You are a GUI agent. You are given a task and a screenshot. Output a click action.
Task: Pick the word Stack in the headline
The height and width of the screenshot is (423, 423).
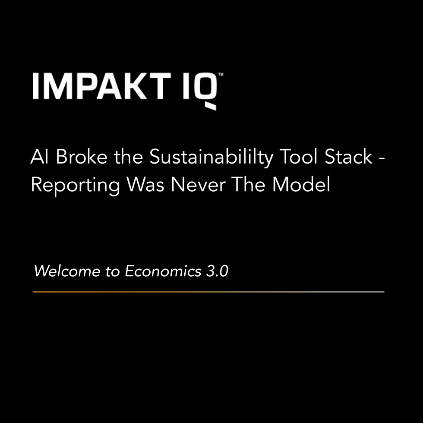pos(347,158)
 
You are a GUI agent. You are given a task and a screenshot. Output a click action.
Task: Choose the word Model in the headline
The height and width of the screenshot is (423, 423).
pos(301,185)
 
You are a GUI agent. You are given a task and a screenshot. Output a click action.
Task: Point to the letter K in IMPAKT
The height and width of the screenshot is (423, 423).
pos(146,86)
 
